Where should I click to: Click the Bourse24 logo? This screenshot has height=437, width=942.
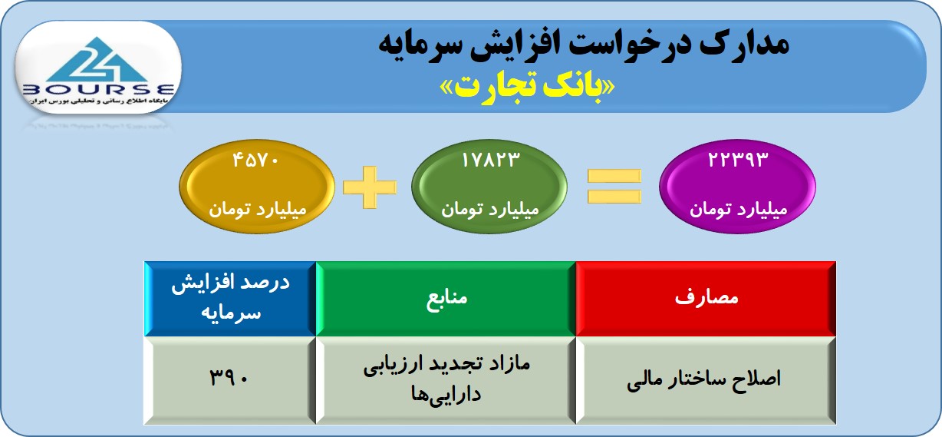coord(98,68)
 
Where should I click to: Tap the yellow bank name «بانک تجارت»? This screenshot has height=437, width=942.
coord(527,88)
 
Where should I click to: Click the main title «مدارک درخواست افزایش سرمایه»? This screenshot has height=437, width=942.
coord(584,45)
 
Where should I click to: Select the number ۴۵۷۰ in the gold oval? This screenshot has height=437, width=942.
coord(256,160)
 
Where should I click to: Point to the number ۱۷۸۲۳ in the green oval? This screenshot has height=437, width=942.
coord(490,160)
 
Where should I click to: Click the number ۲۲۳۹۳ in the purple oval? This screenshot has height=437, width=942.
coord(738,160)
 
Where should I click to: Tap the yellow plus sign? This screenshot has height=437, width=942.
coord(370,187)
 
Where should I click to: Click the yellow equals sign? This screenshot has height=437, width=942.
coord(614,186)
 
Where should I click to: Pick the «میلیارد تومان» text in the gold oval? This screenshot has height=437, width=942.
coord(258,209)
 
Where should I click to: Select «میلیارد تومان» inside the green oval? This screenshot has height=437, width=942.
coord(490,209)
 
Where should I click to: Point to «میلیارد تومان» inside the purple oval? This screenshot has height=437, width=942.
coord(739,209)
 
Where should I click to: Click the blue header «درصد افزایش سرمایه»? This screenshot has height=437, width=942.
coord(230,299)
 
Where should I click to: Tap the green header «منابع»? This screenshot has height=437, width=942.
coord(446,299)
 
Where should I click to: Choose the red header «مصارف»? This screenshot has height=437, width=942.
coord(706,299)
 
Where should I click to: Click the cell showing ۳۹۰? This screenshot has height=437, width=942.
coord(230,380)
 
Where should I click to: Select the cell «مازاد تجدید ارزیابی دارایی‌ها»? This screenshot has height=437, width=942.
coord(446,380)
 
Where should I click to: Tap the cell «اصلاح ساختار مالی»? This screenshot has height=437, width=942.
coord(706,380)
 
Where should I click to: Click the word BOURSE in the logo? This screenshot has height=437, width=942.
coord(98,90)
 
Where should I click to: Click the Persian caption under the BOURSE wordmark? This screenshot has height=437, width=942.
coord(98,101)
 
